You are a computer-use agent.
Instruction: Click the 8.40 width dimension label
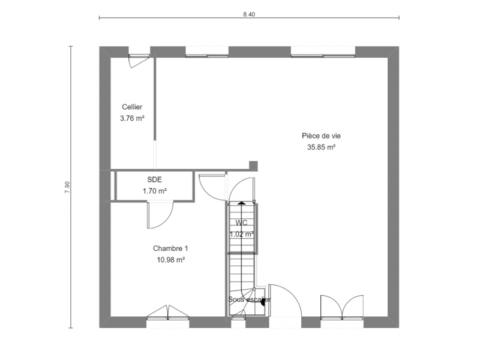249,14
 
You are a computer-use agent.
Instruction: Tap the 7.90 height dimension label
67,187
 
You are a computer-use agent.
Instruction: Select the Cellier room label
132,107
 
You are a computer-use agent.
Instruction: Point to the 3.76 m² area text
132,118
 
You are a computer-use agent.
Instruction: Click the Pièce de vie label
321,136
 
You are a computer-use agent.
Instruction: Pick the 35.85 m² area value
321,147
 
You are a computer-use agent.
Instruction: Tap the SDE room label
154,179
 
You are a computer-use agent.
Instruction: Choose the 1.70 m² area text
155,191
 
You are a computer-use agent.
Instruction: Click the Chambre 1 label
170,248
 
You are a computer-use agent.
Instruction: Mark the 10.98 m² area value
171,260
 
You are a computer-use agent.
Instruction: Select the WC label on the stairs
241,223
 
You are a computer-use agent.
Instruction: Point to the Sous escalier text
250,299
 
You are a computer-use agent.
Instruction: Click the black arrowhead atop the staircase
241,203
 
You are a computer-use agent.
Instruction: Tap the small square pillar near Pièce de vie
253,166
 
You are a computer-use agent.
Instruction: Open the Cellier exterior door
139,61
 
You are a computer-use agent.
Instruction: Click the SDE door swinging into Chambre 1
160,215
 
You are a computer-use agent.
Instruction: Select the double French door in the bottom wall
342,307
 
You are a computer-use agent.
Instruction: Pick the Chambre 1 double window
167,313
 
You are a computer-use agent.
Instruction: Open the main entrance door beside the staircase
285,300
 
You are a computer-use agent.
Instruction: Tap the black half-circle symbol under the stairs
263,302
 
